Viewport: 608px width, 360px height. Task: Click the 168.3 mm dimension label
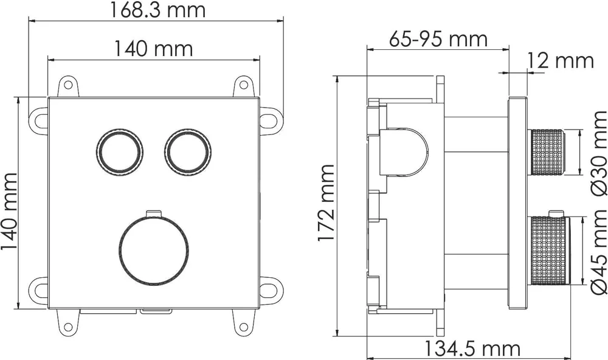click(157, 10)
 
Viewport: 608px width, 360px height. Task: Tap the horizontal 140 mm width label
click(154, 49)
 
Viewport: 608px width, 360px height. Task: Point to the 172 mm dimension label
click(326, 203)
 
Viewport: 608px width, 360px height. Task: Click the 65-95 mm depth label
click(438, 39)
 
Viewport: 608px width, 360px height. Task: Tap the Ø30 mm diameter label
click(598, 153)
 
